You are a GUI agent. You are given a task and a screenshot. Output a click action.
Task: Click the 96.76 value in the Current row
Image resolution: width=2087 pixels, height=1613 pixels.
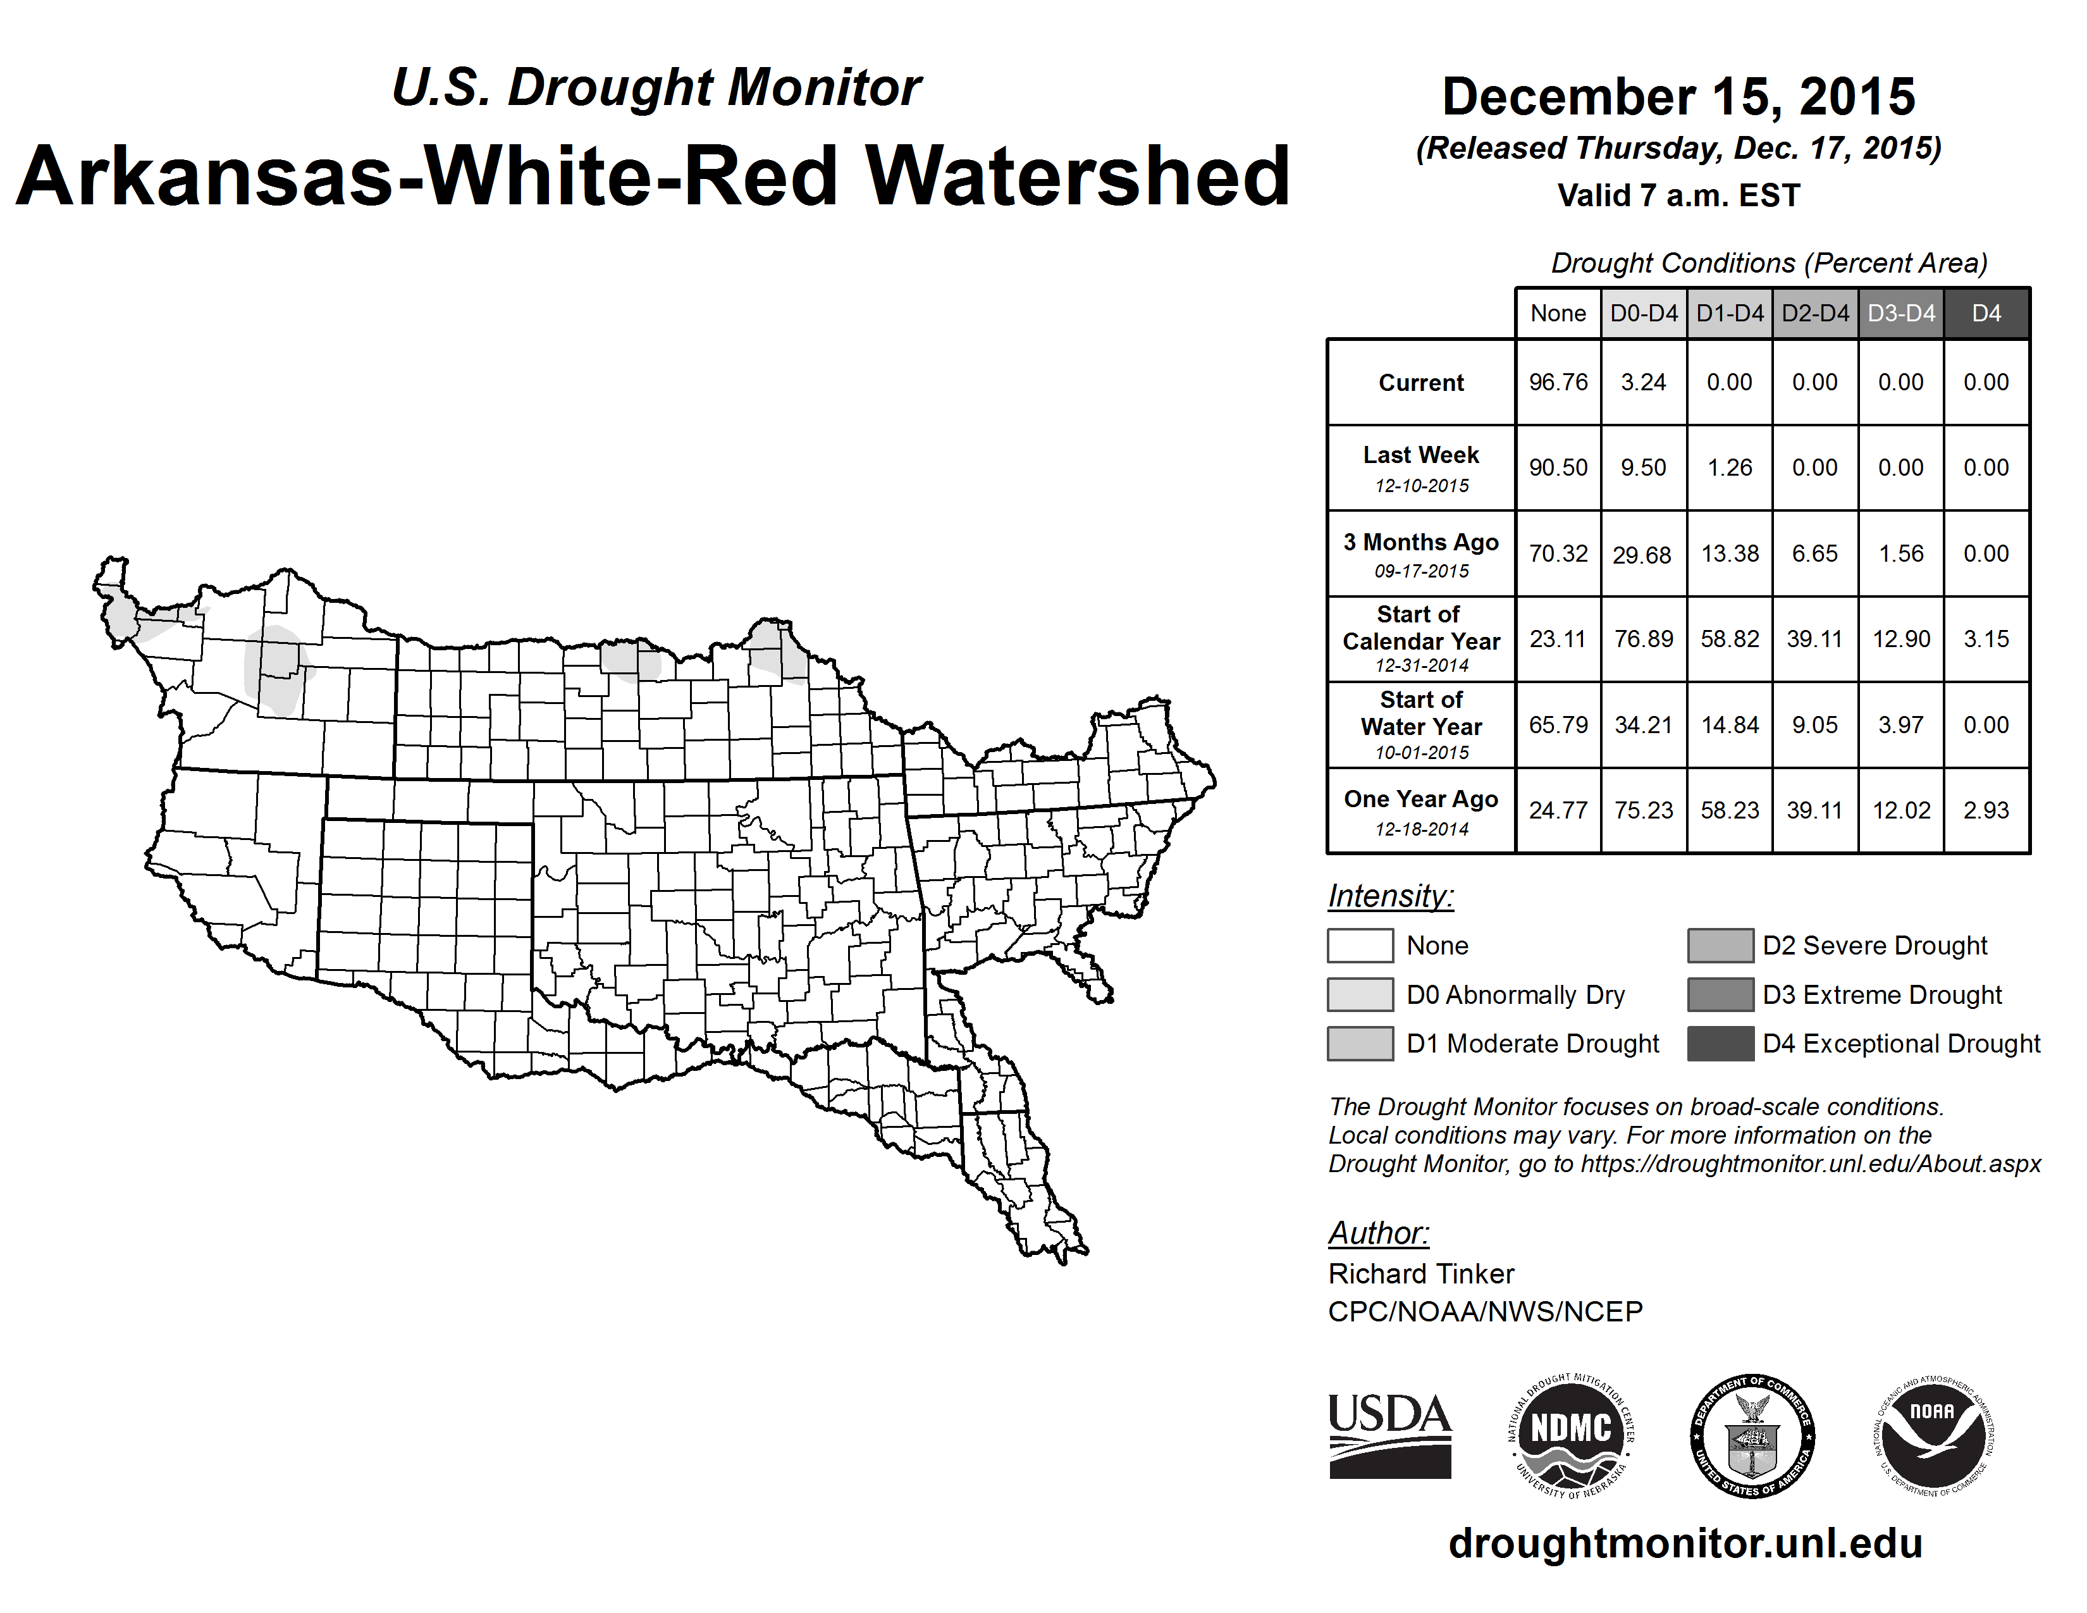(x=1558, y=382)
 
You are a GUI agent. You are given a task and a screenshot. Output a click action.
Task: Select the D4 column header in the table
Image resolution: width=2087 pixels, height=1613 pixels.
(x=1986, y=313)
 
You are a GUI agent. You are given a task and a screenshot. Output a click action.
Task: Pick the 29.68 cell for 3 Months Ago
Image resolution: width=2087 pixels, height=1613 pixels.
(x=1642, y=554)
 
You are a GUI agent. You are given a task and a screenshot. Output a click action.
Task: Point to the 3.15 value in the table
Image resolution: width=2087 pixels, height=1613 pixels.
(x=1986, y=640)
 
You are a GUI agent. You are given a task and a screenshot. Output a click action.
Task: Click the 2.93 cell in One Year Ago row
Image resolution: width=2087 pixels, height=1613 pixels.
(x=1986, y=810)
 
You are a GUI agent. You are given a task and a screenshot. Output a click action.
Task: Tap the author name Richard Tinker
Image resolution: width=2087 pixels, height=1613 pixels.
(x=1421, y=1274)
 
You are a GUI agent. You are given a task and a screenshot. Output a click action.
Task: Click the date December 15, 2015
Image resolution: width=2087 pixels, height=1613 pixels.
(x=1678, y=97)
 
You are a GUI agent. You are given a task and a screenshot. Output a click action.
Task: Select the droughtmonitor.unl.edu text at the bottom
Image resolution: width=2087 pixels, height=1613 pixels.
(x=1685, y=1543)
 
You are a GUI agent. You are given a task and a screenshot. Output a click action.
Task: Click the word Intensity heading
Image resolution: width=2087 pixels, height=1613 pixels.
(x=1390, y=896)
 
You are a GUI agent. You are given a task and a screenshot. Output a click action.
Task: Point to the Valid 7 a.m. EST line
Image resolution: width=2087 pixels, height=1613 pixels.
(x=1678, y=196)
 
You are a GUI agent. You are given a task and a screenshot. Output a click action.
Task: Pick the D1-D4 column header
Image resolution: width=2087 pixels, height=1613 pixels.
(x=1730, y=313)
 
